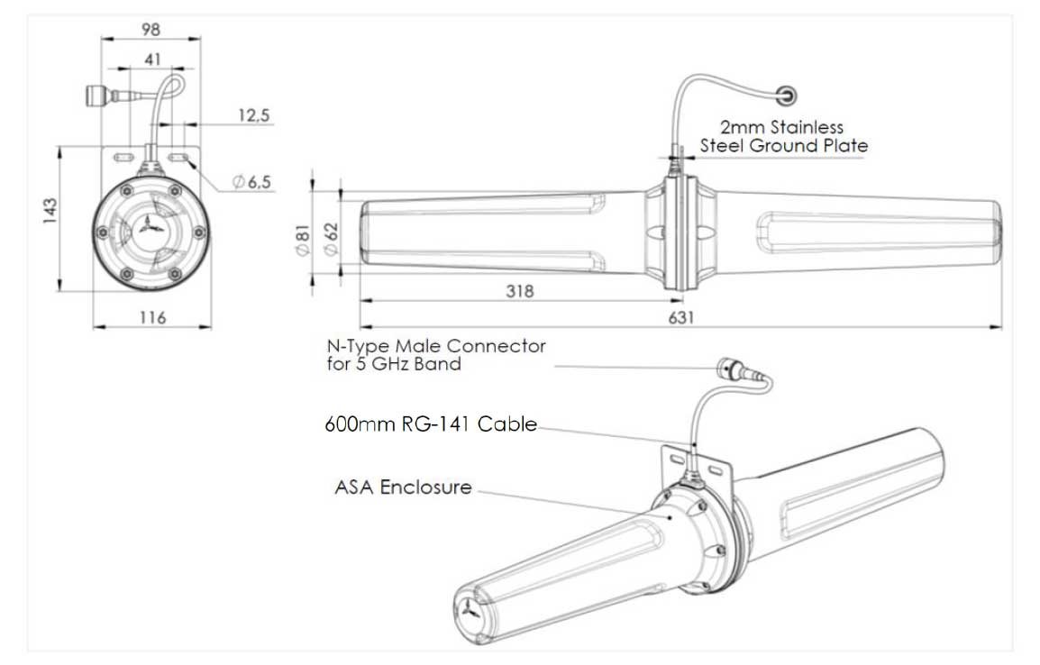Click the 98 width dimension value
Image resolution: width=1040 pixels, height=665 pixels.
click(x=151, y=29)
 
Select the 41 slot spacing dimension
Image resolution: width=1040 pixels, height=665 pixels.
click(x=151, y=59)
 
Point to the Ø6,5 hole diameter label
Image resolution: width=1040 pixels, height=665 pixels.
click(x=251, y=182)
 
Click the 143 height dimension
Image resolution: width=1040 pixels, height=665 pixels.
click(x=50, y=211)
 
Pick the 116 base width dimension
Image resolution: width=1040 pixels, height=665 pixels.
click(x=153, y=317)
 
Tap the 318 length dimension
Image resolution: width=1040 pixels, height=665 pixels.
click(x=519, y=291)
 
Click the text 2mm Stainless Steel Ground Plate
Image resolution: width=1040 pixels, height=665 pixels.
click(x=782, y=136)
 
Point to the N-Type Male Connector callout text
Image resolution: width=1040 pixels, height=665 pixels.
click(x=435, y=355)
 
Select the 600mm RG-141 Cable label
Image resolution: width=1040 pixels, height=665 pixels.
click(x=431, y=424)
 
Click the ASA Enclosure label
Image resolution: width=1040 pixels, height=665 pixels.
click(x=403, y=487)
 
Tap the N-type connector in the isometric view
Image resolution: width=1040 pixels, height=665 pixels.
click(x=728, y=369)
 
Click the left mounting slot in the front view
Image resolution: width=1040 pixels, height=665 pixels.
click(x=123, y=159)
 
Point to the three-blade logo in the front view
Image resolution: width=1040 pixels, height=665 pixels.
click(x=153, y=231)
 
